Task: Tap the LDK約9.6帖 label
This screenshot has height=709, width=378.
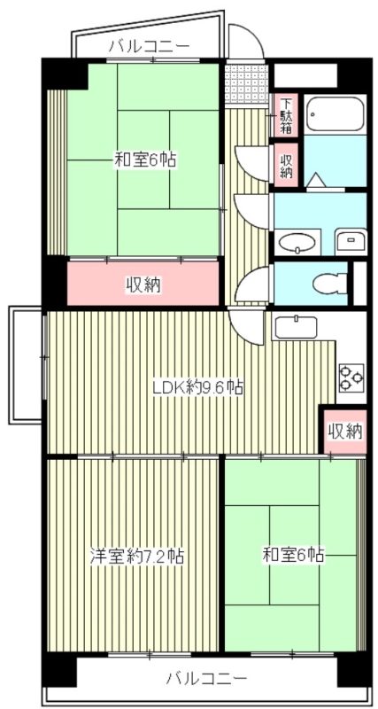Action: tap(198, 386)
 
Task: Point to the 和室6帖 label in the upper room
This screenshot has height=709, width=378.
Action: tap(144, 160)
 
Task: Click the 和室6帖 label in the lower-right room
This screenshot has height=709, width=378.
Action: tap(292, 556)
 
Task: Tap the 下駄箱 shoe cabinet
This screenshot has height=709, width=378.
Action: tap(287, 115)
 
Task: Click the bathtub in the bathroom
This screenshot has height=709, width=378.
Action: tap(335, 113)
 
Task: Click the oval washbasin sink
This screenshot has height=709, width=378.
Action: tap(298, 241)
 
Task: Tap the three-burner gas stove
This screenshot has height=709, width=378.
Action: tap(351, 378)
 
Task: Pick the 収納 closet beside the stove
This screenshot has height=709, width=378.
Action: tap(343, 432)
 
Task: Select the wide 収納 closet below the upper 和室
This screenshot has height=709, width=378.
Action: tap(143, 284)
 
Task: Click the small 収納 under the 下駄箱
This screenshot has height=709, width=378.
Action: tap(287, 165)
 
